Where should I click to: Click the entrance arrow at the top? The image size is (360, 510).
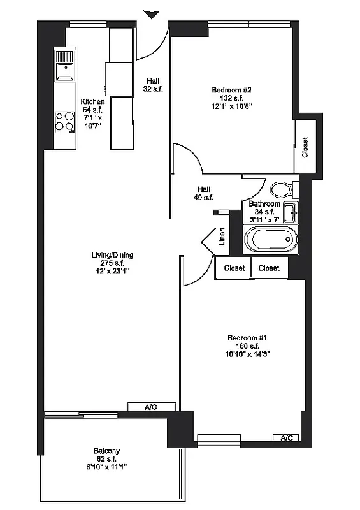pyautogui.click(x=152, y=14)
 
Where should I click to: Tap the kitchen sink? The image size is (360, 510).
pyautogui.click(x=64, y=66)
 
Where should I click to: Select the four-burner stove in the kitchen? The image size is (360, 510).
pyautogui.click(x=64, y=120)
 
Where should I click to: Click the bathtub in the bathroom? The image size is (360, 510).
pyautogui.click(x=271, y=241)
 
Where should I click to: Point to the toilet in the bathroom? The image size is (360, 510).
pyautogui.click(x=280, y=189)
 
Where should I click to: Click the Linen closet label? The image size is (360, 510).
pyautogui.click(x=222, y=238)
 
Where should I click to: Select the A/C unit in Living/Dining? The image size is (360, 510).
pyautogui.click(x=151, y=407)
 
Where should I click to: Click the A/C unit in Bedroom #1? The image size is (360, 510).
pyautogui.click(x=287, y=437)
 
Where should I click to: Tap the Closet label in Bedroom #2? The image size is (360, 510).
pyautogui.click(x=305, y=148)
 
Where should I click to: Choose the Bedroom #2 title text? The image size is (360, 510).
pyautogui.click(x=232, y=90)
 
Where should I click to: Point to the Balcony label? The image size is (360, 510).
pyautogui.click(x=106, y=451)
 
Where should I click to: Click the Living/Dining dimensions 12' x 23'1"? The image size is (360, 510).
pyautogui.click(x=112, y=271)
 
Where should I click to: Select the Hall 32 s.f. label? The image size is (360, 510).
pyautogui.click(x=153, y=85)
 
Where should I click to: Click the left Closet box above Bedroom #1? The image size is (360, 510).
pyautogui.click(x=234, y=268)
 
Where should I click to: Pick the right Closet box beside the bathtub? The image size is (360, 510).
pyautogui.click(x=269, y=268)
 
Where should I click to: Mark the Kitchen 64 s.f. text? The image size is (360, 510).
pyautogui.click(x=92, y=110)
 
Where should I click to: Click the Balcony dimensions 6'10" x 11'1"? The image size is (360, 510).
pyautogui.click(x=106, y=467)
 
